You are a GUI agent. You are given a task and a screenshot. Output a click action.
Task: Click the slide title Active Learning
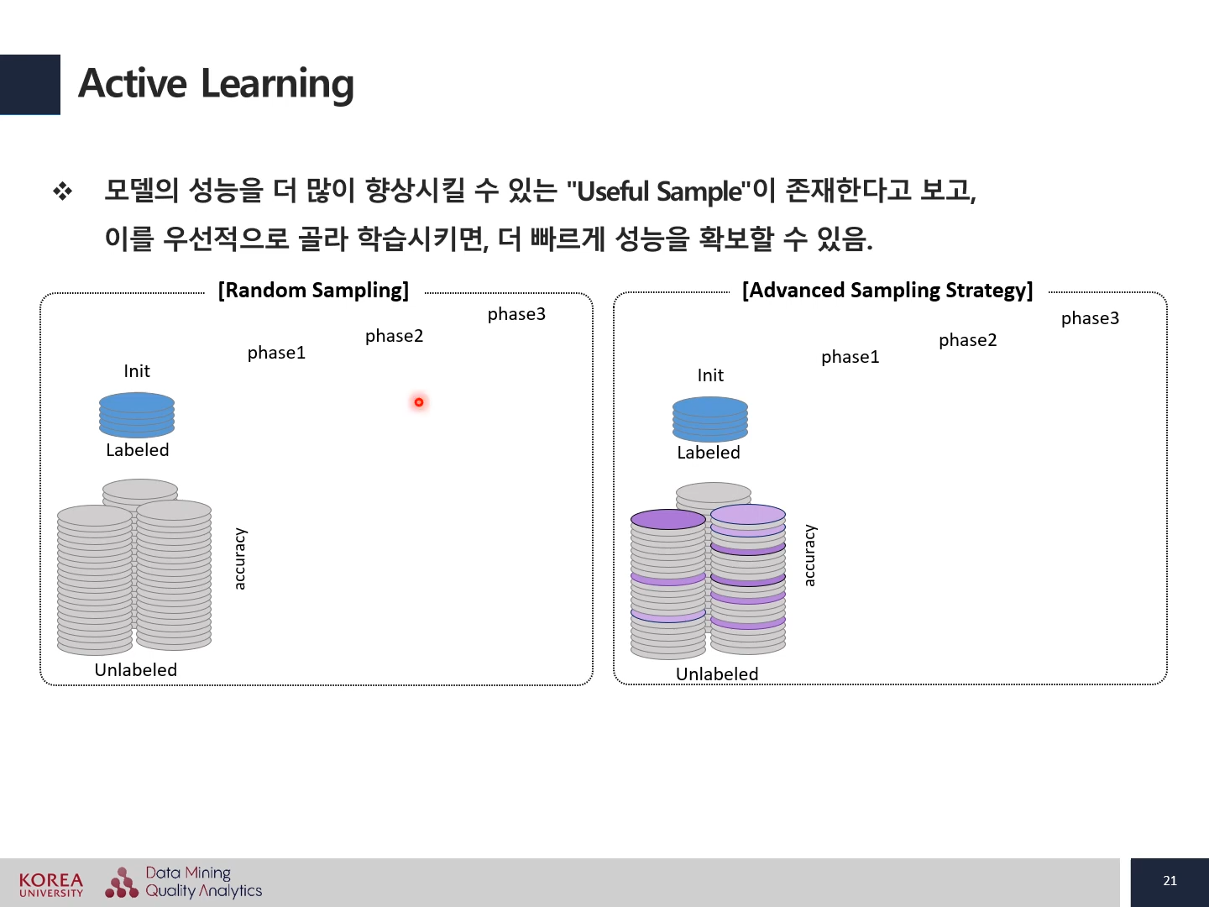(216, 84)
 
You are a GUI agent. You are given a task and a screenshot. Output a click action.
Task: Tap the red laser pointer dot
(419, 402)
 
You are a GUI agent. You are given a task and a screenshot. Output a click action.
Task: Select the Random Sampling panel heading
(313, 291)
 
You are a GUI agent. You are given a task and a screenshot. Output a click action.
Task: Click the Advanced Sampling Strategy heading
(887, 291)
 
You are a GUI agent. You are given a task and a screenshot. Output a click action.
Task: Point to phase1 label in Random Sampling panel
(276, 353)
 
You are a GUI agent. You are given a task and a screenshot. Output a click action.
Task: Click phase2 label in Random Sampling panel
(395, 336)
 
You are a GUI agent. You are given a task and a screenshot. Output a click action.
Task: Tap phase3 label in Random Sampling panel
(516, 314)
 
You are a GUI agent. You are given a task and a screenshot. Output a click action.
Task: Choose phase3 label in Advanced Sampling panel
(1090, 318)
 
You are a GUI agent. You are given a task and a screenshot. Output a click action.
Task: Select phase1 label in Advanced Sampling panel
(850, 357)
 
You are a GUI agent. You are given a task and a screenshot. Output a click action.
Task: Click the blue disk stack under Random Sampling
(137, 415)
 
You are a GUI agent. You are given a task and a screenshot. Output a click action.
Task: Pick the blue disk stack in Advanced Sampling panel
(710, 419)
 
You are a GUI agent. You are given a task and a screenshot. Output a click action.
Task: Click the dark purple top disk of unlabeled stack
(668, 519)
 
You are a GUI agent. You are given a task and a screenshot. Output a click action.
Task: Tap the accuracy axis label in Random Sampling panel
(239, 558)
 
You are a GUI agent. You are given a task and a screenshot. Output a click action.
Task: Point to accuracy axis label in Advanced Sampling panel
(809, 555)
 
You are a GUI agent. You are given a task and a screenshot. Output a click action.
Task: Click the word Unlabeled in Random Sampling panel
(135, 669)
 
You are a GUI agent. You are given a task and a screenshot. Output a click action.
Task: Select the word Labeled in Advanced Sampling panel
(709, 453)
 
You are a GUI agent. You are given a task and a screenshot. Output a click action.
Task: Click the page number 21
(1170, 881)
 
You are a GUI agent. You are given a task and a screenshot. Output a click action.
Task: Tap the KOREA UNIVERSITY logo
(50, 884)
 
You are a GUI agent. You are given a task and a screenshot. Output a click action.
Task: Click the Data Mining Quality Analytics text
(203, 882)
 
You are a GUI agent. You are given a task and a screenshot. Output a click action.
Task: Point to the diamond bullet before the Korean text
(62, 191)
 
